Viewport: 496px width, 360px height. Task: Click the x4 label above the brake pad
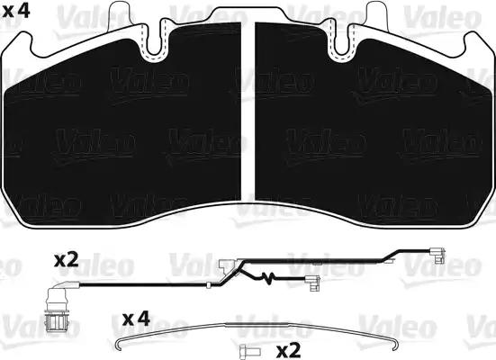pyautogui.click(x=16, y=11)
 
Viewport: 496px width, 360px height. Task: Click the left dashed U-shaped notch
pyautogui.click(x=154, y=41)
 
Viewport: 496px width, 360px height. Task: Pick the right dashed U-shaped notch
pyautogui.click(x=342, y=41)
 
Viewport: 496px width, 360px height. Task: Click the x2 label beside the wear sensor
pyautogui.click(x=66, y=260)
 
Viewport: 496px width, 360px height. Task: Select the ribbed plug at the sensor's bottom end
pyautogui.click(x=57, y=321)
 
